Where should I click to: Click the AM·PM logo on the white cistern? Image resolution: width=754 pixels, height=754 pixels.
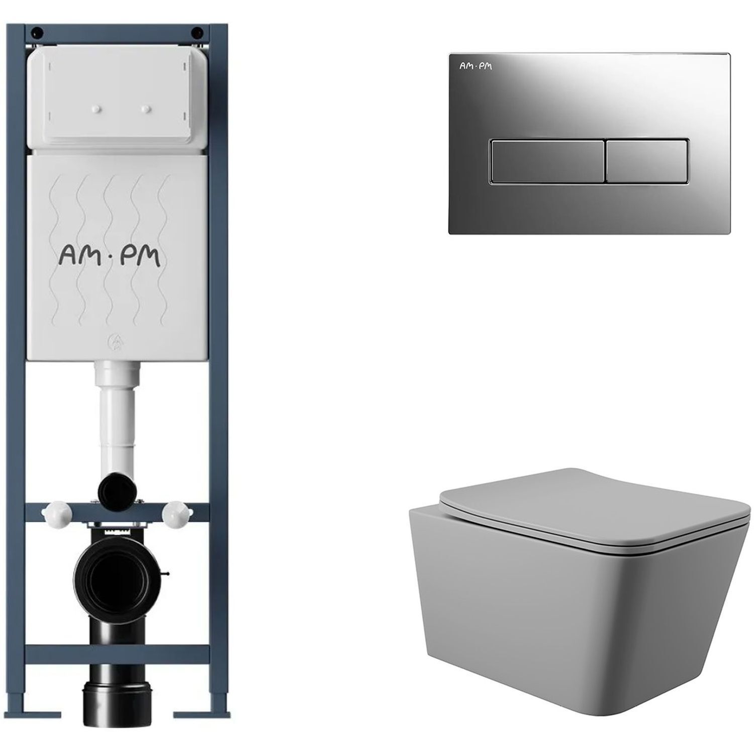pos(110,257)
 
